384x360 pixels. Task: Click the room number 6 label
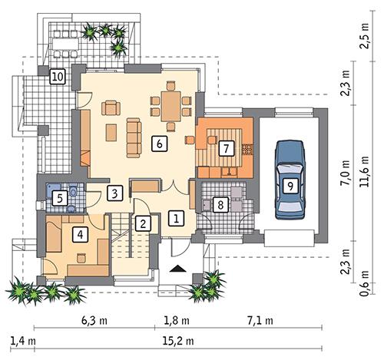click(x=158, y=143)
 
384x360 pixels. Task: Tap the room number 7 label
click(x=226, y=149)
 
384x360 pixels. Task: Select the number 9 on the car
click(x=289, y=184)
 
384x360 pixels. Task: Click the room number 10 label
click(x=57, y=77)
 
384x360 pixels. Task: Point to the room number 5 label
click(x=58, y=198)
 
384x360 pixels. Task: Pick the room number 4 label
click(x=78, y=236)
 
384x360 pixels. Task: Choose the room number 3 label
click(x=115, y=192)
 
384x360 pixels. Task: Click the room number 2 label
click(x=142, y=223)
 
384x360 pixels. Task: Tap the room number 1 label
click(x=176, y=218)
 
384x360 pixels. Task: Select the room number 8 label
click(x=220, y=204)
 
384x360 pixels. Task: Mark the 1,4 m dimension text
click(x=18, y=339)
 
